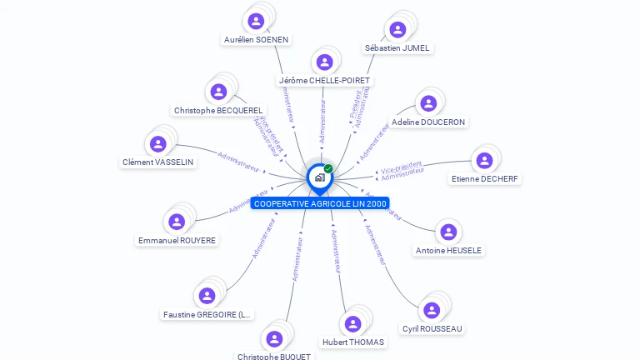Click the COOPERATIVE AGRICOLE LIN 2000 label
point(320,203)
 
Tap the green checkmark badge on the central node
point(328,169)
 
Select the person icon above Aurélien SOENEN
point(257,21)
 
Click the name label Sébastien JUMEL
point(397,48)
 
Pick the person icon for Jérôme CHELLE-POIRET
point(324,62)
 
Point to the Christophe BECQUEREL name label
point(218,110)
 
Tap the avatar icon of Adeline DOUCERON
point(427,104)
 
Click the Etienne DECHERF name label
point(485,178)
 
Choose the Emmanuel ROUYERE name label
point(177,241)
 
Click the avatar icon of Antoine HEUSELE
point(447,232)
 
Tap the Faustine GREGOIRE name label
point(207,315)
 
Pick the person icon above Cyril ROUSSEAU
point(431,311)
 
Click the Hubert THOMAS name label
point(353,342)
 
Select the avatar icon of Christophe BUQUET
point(273,338)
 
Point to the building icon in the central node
point(318,177)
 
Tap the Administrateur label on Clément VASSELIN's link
point(238,161)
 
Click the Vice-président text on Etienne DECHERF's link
point(402,167)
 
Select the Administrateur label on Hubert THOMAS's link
point(336,251)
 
